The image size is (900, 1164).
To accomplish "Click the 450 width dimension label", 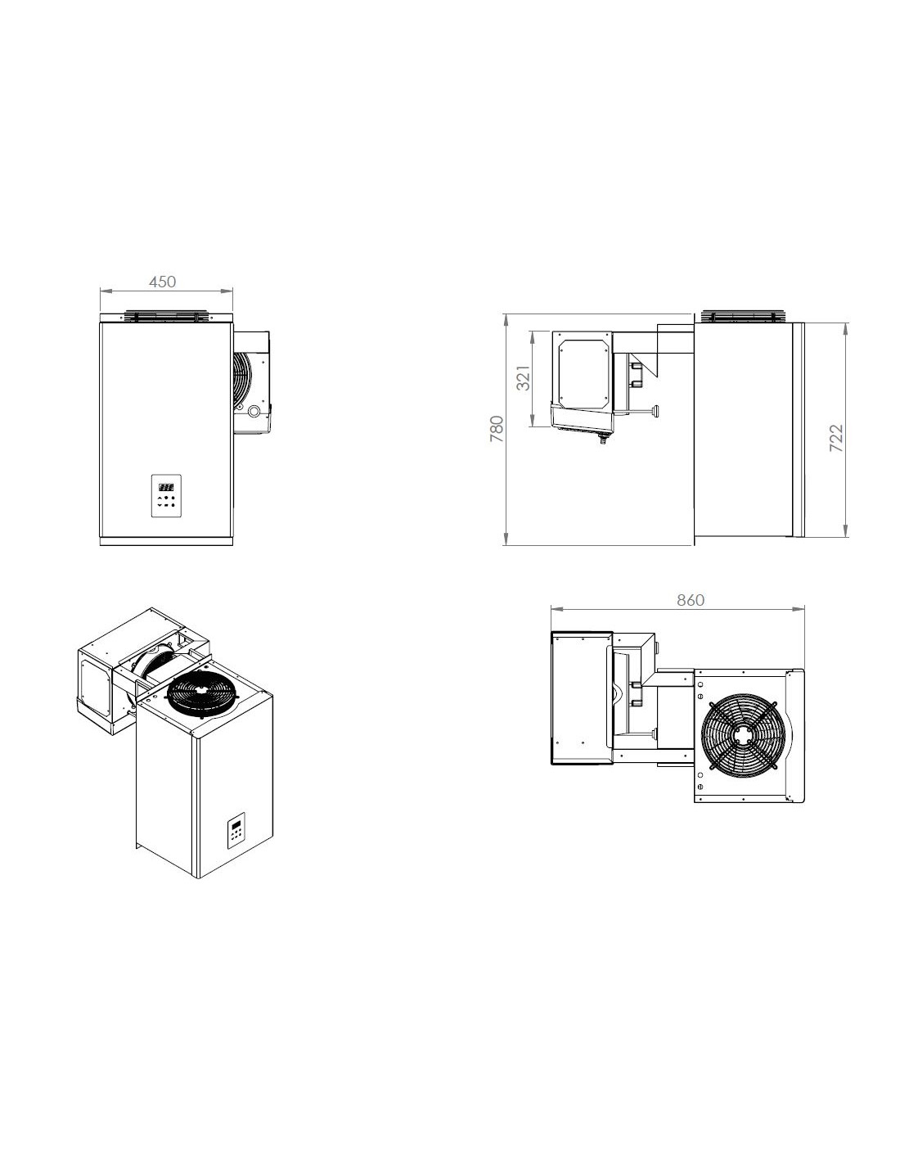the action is tap(162, 282).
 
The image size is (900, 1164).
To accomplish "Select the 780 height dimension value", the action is tap(497, 429).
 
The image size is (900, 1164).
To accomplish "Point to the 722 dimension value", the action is tap(835, 438).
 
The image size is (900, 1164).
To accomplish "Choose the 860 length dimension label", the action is tap(690, 600).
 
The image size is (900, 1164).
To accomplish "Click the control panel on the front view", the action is tap(167, 495).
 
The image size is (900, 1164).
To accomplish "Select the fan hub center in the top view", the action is tap(744, 734).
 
